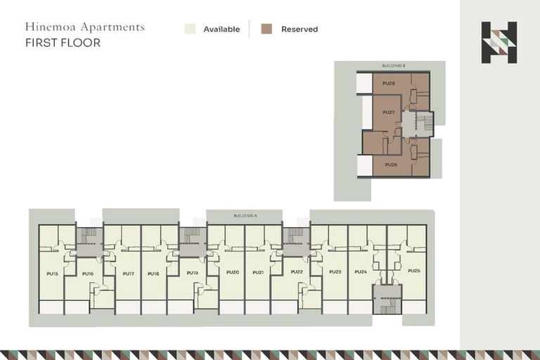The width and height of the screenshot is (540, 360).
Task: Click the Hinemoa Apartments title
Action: (85, 27)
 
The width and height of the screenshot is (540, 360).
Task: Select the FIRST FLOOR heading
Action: (63, 43)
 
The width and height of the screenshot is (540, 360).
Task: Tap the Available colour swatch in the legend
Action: (190, 29)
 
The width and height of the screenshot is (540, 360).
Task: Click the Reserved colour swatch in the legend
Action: (267, 29)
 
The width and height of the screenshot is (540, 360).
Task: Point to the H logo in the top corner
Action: (499, 42)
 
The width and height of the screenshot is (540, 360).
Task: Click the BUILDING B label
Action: (394, 65)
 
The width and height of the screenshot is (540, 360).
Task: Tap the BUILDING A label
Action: (243, 214)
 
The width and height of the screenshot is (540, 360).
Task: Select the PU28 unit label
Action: (389, 83)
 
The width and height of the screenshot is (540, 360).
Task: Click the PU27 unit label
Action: (389, 112)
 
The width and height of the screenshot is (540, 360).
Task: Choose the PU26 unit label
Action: (391, 165)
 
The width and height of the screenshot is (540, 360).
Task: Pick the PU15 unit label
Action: (52, 273)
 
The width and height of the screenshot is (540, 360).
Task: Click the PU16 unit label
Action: (88, 273)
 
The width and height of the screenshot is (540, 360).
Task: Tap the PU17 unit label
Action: (128, 273)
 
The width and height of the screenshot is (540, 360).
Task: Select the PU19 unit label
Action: (192, 272)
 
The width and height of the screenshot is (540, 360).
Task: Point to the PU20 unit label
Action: (233, 272)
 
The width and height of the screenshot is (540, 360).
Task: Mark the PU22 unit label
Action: (297, 271)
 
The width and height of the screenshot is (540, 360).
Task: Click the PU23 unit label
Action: (335, 271)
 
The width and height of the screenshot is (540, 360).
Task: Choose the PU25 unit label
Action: (413, 271)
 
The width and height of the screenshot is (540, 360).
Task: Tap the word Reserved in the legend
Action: (300, 30)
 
